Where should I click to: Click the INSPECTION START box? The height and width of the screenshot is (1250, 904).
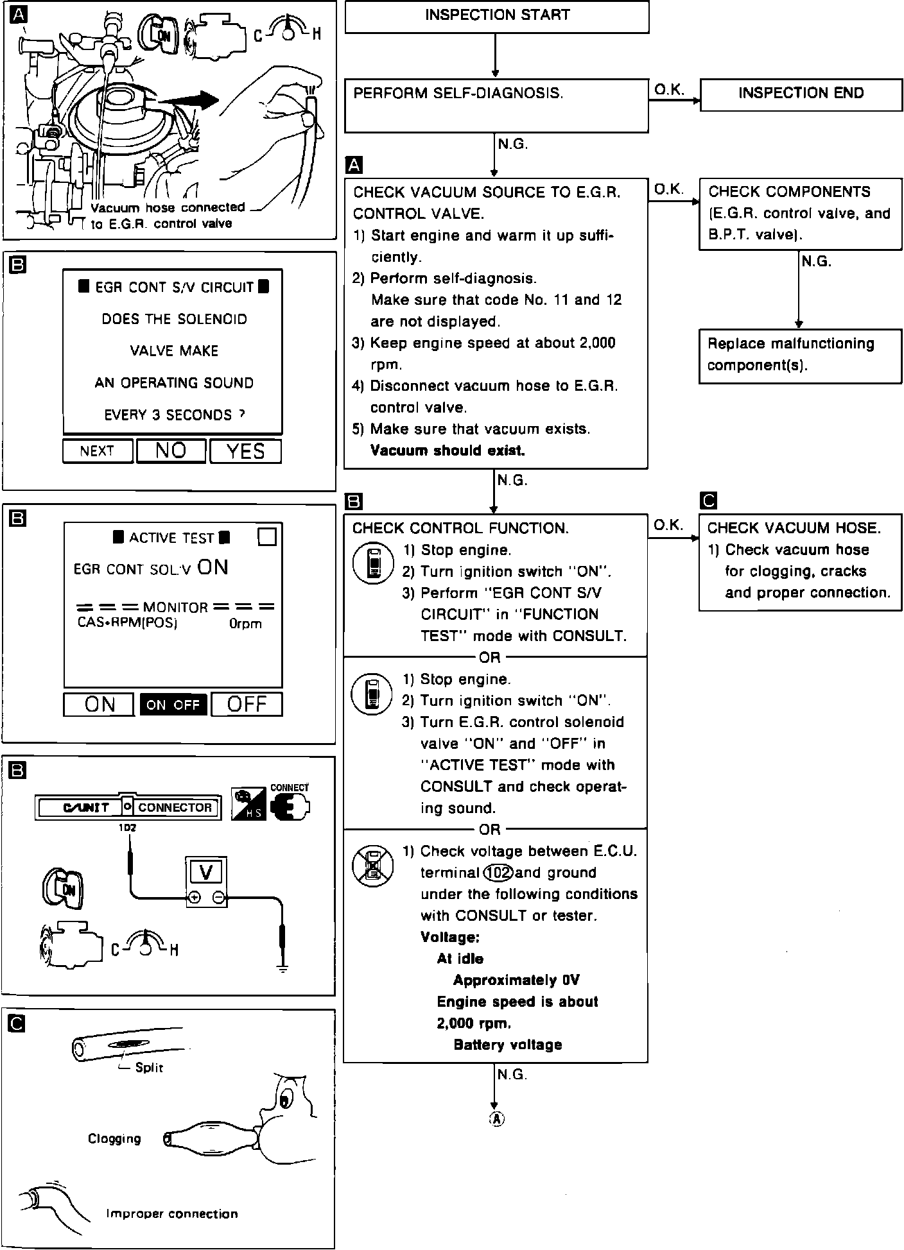click(497, 16)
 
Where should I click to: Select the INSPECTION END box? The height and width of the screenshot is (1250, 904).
click(801, 94)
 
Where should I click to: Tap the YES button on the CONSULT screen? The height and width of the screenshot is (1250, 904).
click(246, 451)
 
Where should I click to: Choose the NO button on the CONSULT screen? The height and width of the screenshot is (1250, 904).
click(171, 451)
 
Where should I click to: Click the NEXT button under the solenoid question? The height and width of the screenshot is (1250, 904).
click(98, 451)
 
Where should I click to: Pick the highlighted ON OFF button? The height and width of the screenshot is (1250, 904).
click(173, 705)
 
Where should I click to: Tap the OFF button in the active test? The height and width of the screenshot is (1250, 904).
click(247, 705)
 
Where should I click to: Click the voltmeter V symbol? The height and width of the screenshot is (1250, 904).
click(206, 872)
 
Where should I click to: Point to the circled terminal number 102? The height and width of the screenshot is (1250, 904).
click(498, 873)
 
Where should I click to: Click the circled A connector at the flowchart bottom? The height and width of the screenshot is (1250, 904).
click(496, 1118)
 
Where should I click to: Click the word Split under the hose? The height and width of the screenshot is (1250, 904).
click(149, 1067)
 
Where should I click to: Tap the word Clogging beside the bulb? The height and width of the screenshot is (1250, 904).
click(114, 1138)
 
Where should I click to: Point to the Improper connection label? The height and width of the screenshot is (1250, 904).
click(172, 1213)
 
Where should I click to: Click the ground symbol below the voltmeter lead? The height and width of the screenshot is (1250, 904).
click(282, 968)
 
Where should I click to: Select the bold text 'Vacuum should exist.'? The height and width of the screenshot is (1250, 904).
click(448, 450)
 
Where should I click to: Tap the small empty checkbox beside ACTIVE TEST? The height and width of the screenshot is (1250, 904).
click(266, 536)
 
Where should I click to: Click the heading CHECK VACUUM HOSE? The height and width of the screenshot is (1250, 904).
click(794, 528)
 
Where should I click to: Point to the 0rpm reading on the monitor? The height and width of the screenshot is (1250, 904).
click(245, 624)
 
